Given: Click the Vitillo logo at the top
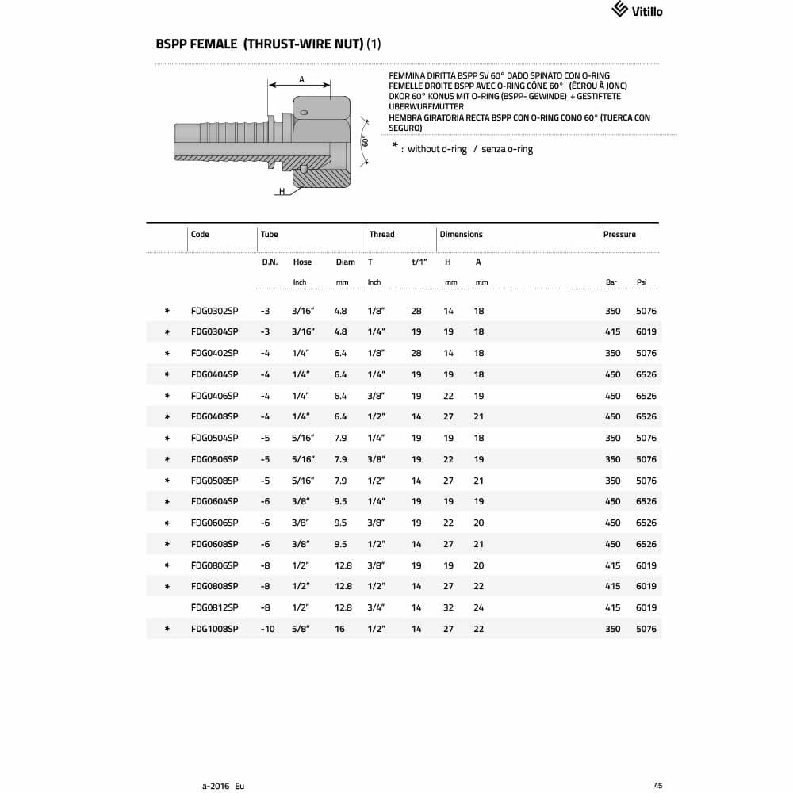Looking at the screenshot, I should pos(637,10).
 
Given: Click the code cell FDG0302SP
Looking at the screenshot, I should pos(214,311).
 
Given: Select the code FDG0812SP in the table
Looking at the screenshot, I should pos(214,607).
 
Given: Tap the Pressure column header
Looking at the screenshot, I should pos(619,234).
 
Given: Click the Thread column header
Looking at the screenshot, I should pos(381,234).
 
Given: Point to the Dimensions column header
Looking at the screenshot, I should pos(461,234).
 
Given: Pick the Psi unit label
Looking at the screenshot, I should pos(642,282).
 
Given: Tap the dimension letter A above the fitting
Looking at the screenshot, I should pos(301,79).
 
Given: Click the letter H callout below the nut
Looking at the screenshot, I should pos(281,192).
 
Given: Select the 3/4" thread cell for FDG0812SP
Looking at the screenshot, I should pos(376,607).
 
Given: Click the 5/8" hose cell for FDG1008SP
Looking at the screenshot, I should pos(301,629).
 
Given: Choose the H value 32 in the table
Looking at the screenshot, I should pos(448,607).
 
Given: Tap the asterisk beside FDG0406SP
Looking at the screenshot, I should pos(167,396).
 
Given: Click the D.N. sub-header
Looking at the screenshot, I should pos(270,262).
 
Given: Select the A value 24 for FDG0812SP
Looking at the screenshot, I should pos(479,607).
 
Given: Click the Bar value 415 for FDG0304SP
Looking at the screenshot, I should pos(612,332).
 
